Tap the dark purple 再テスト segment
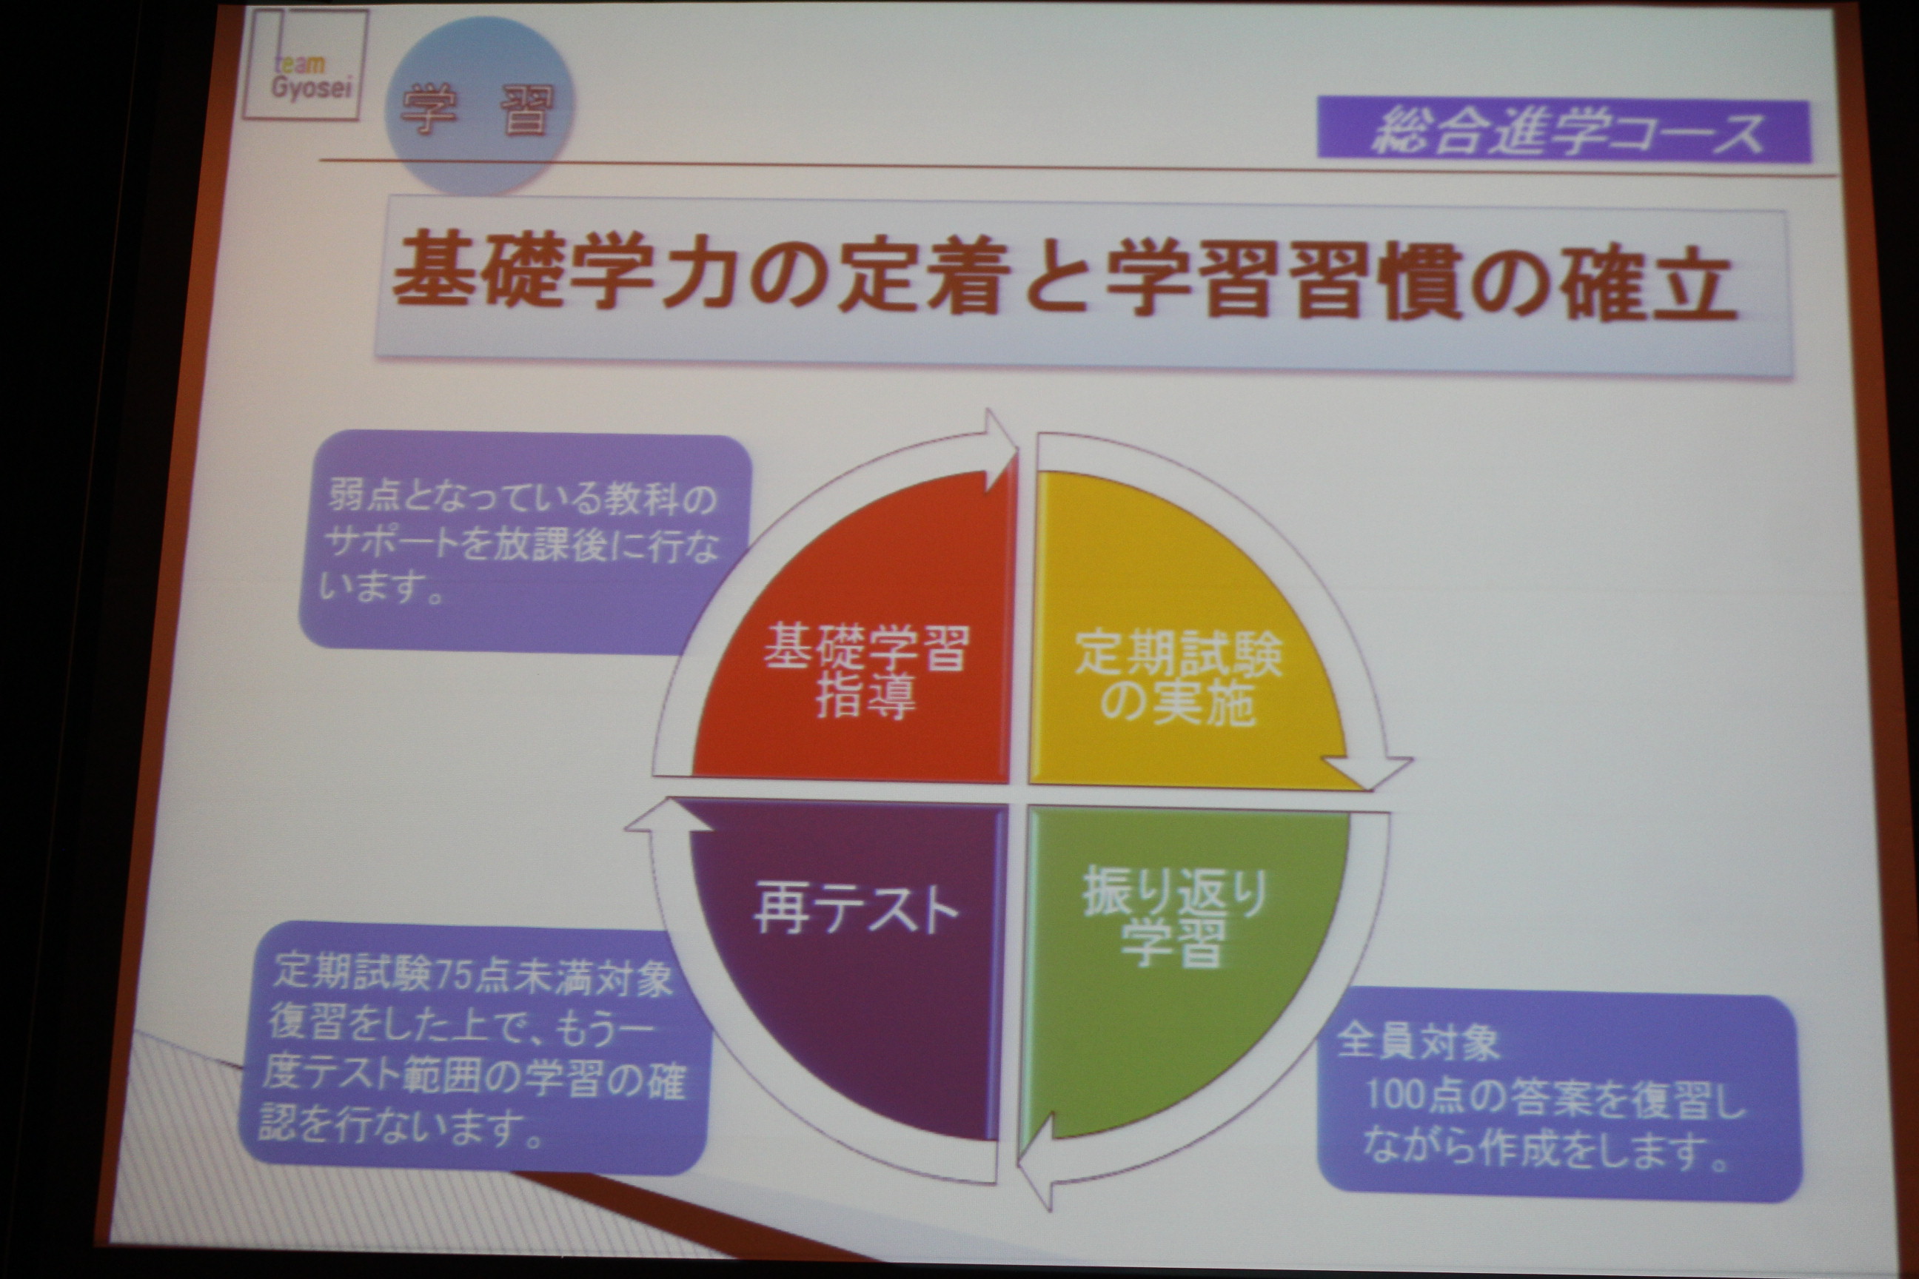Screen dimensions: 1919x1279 848,962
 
